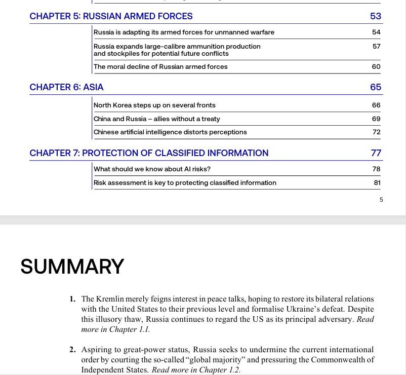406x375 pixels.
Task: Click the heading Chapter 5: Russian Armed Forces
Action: (111, 16)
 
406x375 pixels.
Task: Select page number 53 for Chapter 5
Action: (375, 16)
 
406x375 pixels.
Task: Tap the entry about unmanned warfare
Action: (184, 32)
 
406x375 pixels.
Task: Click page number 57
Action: (376, 46)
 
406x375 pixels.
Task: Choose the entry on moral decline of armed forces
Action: (160, 67)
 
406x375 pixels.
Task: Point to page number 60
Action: (376, 67)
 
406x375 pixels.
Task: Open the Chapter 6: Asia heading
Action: (66, 87)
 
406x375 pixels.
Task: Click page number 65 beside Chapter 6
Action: (375, 87)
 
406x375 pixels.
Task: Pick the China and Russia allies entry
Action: (157, 119)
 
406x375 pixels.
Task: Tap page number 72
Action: (376, 132)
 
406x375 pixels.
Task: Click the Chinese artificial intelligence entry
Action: (170, 132)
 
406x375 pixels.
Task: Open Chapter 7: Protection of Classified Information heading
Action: (149, 153)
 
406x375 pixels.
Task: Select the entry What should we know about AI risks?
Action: (152, 169)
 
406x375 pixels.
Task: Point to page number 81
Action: (377, 183)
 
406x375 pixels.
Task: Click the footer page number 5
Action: (381, 200)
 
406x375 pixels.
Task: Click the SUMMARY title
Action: (72, 267)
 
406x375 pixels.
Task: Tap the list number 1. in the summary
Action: (73, 299)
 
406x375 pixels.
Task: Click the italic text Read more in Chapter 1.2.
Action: (196, 370)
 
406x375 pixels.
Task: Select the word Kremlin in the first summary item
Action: (110, 299)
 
